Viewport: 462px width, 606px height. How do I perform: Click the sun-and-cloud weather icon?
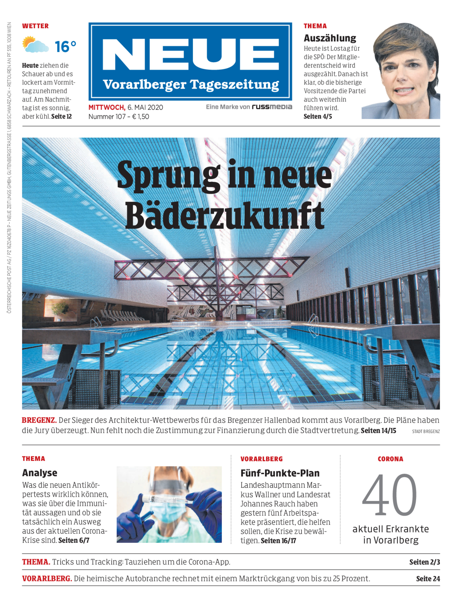pos(35,45)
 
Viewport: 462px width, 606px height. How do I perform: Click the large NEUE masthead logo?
pos(190,54)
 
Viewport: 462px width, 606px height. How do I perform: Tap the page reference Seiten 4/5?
pos(318,117)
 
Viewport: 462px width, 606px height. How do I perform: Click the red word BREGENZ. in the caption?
pos(39,420)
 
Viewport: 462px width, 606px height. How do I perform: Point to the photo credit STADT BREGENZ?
pos(426,431)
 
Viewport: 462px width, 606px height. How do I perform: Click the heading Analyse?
pos(40,473)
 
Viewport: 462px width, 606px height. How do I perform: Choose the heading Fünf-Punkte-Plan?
pos(280,473)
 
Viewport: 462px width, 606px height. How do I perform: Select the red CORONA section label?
pos(390,459)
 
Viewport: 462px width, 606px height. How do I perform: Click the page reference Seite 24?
pos(428,579)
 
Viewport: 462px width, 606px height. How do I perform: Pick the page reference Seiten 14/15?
pos(378,431)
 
